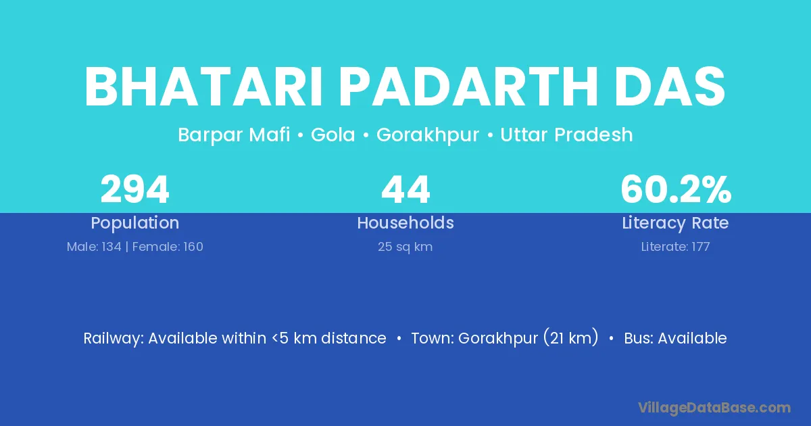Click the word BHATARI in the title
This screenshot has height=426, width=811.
(x=203, y=87)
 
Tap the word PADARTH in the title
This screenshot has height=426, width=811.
(x=468, y=87)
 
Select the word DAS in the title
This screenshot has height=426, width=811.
(x=670, y=87)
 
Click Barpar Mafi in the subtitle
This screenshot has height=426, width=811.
(x=234, y=135)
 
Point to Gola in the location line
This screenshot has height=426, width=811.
(x=333, y=135)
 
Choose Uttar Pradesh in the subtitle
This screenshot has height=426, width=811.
(x=566, y=135)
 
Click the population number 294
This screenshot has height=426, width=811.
(x=134, y=189)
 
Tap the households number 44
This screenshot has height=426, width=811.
(x=405, y=189)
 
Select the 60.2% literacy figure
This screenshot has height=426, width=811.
(x=676, y=189)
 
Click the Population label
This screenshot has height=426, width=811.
(x=134, y=223)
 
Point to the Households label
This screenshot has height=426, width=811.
(x=405, y=222)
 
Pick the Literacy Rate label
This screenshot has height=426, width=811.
(x=675, y=223)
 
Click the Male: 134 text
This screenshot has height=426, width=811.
(x=94, y=247)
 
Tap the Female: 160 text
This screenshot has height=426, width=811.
(x=168, y=247)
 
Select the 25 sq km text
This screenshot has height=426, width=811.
(x=405, y=247)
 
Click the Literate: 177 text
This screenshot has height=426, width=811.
(x=675, y=247)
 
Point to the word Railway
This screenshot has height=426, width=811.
(x=114, y=339)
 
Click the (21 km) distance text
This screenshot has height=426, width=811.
(x=570, y=338)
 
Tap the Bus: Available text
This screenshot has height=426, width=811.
(x=675, y=338)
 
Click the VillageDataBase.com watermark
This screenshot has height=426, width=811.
(x=714, y=408)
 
